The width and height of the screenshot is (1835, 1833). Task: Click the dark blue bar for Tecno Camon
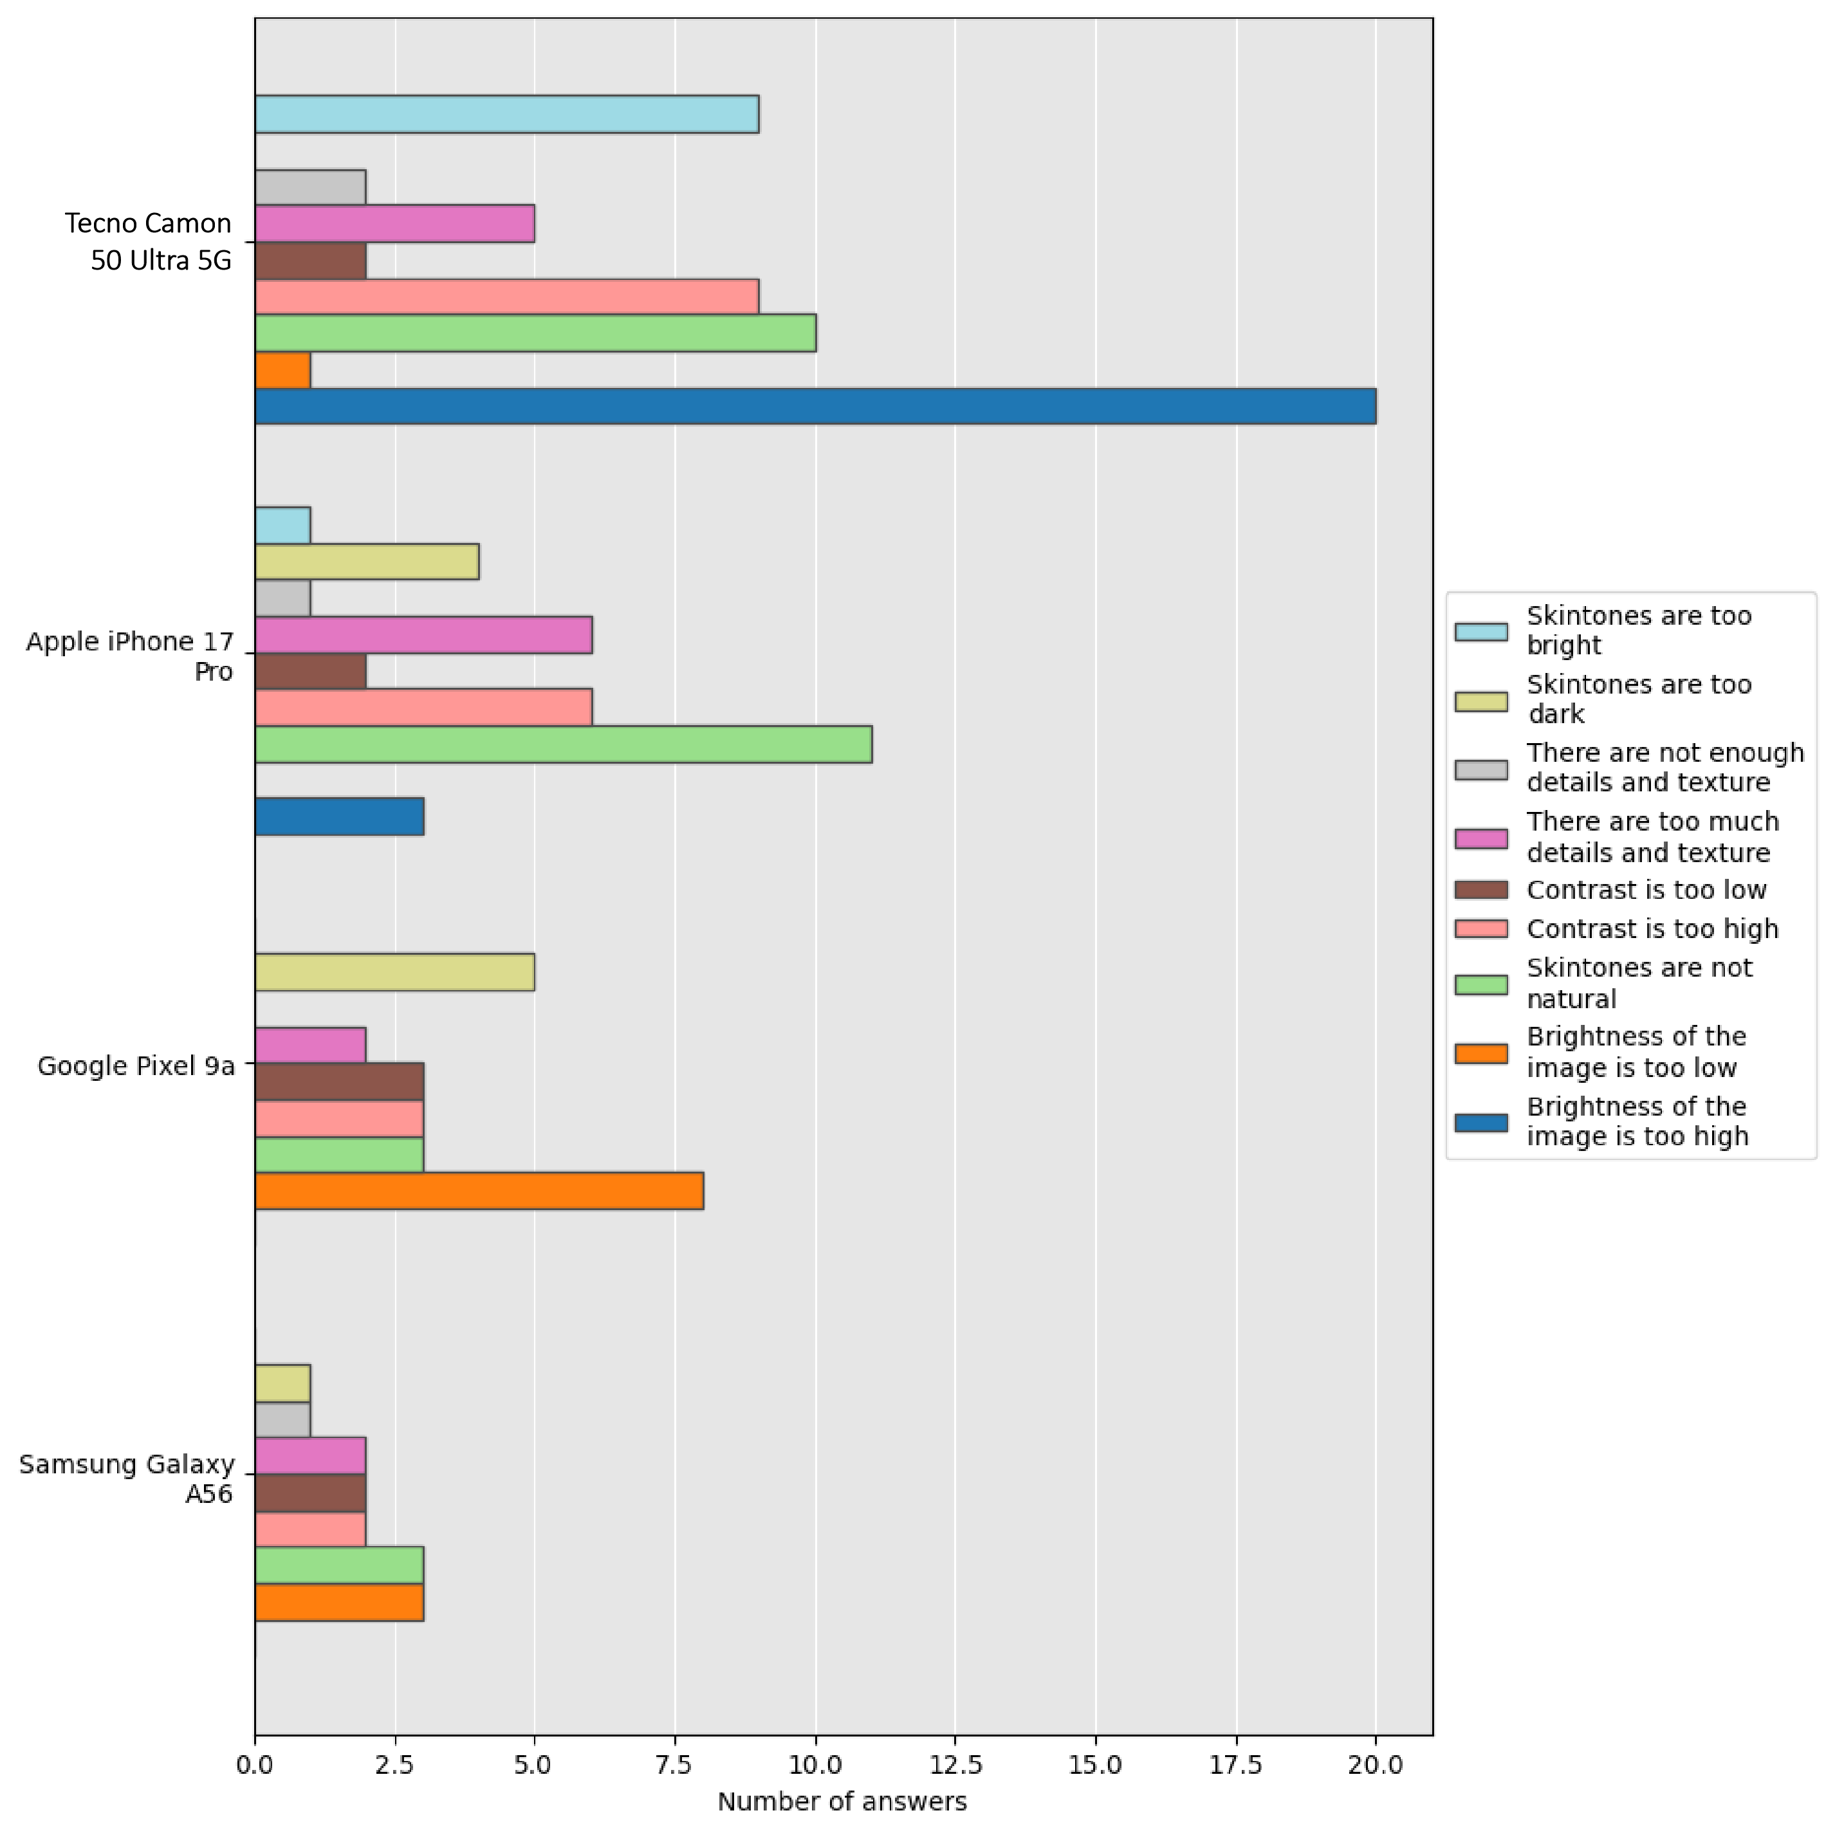(x=815, y=407)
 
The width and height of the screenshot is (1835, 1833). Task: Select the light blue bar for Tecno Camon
(x=506, y=114)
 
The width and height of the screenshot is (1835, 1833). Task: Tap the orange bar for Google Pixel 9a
(x=479, y=1191)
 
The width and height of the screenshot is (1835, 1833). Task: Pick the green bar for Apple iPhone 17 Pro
(x=563, y=744)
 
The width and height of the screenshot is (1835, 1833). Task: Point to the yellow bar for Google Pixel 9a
(x=394, y=973)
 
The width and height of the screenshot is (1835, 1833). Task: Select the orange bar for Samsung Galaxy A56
(x=339, y=1602)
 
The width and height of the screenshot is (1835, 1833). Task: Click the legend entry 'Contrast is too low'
(x=1646, y=890)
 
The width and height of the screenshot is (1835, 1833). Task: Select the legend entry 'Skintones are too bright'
(x=1638, y=631)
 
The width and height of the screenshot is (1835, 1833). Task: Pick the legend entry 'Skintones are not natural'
(x=1638, y=983)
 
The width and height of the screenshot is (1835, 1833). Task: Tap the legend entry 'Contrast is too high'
(x=1652, y=929)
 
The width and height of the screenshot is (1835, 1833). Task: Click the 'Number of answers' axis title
(x=842, y=1801)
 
